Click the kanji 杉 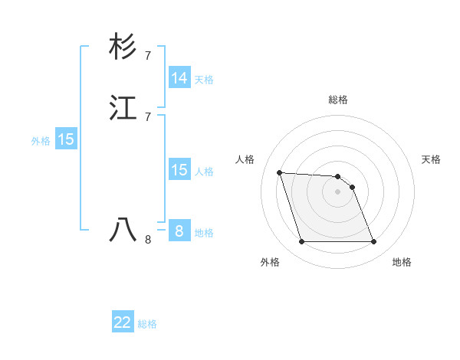tap(123, 47)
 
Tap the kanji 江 tap(123, 109)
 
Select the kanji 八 tap(123, 230)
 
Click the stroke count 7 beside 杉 tap(148, 56)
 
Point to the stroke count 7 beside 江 tap(148, 117)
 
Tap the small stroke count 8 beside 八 tap(148, 239)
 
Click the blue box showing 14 tap(179, 78)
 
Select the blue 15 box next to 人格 tap(179, 170)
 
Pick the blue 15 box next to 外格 tap(66, 139)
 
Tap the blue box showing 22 tap(123, 322)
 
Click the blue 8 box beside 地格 tap(179, 231)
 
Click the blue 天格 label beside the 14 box tap(204, 80)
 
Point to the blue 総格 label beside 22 tap(147, 324)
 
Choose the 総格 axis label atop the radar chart tap(338, 100)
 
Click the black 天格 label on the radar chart tap(431, 159)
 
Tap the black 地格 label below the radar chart tap(402, 262)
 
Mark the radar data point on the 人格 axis tap(280, 172)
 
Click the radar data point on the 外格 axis tap(302, 242)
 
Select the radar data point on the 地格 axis tap(373, 242)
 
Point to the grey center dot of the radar tap(338, 191)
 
